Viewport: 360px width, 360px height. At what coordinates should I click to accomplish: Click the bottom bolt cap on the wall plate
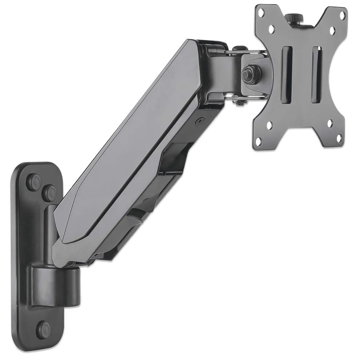(44, 329)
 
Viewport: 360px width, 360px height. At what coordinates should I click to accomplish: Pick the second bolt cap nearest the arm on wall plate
(50, 192)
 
